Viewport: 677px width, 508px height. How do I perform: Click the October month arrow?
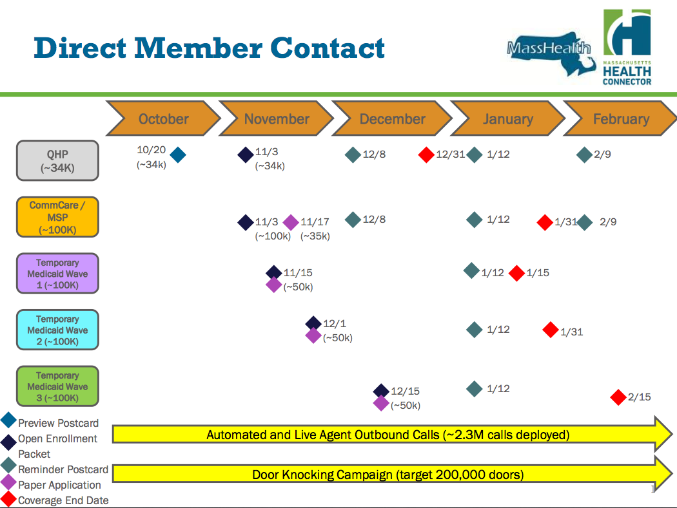pyautogui.click(x=163, y=118)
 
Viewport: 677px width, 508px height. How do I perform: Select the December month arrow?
pyautogui.click(x=392, y=118)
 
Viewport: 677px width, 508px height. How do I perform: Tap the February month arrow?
pyautogui.click(x=621, y=118)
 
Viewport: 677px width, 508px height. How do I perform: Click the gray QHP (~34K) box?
pyautogui.click(x=57, y=160)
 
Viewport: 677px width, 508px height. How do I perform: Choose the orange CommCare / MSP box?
pyautogui.click(x=57, y=217)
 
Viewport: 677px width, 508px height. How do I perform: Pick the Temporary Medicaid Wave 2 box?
pyautogui.click(x=57, y=330)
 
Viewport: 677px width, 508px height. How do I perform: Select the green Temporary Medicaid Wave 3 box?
pyautogui.click(x=57, y=386)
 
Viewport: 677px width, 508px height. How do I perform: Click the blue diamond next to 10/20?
pyautogui.click(x=178, y=155)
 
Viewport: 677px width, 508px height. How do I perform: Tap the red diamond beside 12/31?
pyautogui.click(x=426, y=155)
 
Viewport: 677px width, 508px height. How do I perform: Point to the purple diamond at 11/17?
pyautogui.click(x=291, y=222)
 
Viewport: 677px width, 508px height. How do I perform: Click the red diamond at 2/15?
pyautogui.click(x=618, y=397)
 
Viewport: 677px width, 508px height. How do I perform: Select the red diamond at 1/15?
pyautogui.click(x=517, y=273)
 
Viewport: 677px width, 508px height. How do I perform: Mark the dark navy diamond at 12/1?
pyautogui.click(x=313, y=323)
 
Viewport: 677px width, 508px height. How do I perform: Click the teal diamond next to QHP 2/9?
pyautogui.click(x=584, y=155)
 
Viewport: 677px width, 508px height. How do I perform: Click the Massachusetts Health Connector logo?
pyautogui.click(x=627, y=47)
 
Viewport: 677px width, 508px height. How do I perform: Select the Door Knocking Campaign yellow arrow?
pyautogui.click(x=392, y=475)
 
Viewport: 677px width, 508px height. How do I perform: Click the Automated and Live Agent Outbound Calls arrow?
pyautogui.click(x=392, y=434)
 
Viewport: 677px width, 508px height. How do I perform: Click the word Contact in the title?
pyautogui.click(x=328, y=48)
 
